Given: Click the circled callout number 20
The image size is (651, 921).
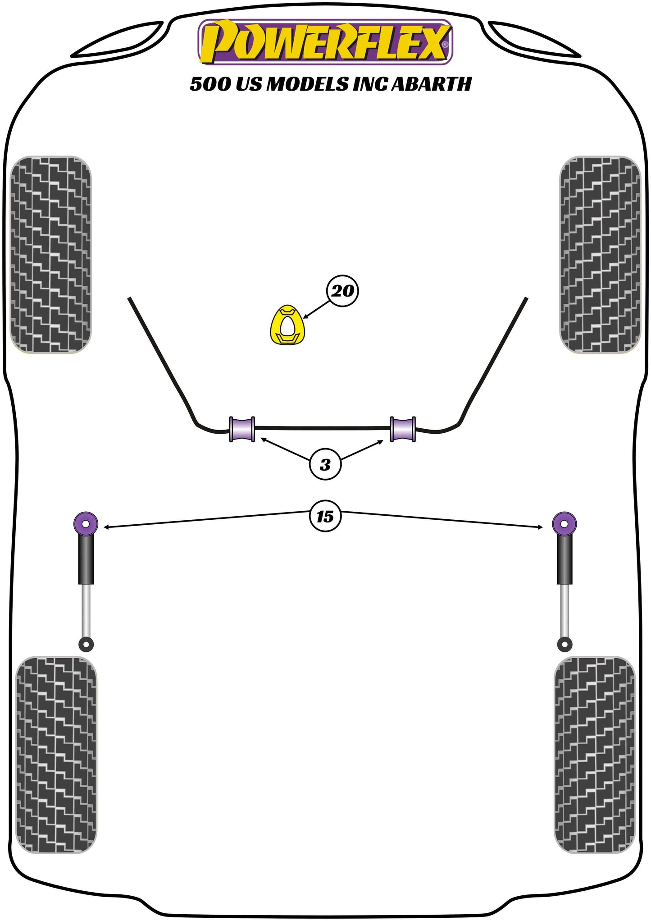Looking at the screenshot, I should pyautogui.click(x=342, y=291).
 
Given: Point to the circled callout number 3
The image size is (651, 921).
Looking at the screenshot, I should pyautogui.click(x=325, y=464).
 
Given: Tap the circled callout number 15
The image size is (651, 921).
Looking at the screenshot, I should pyautogui.click(x=325, y=516).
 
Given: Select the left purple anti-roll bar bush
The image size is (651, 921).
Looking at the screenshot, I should pyautogui.click(x=242, y=429).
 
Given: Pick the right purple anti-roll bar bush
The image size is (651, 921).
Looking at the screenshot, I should pyautogui.click(x=402, y=429).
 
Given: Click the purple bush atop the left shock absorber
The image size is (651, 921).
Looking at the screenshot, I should pyautogui.click(x=86, y=523).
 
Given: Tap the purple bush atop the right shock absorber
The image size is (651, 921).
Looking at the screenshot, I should pyautogui.click(x=564, y=523).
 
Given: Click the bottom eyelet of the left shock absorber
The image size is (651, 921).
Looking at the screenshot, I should pyautogui.click(x=86, y=644).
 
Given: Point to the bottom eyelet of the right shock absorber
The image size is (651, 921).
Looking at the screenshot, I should pyautogui.click(x=564, y=644).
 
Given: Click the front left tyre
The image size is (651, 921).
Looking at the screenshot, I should pyautogui.click(x=50, y=255).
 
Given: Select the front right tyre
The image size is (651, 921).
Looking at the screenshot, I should pyautogui.click(x=600, y=255).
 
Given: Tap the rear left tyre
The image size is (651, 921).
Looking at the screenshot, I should pyautogui.click(x=56, y=755).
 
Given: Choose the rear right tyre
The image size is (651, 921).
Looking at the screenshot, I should pyautogui.click(x=594, y=755).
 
